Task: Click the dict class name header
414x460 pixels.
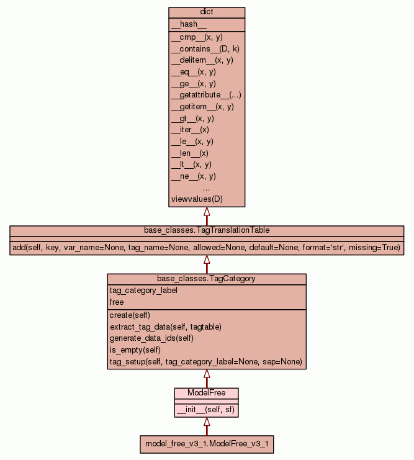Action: tap(207, 12)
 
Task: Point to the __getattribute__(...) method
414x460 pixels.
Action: tap(206, 95)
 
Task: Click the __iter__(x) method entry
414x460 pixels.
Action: tap(190, 130)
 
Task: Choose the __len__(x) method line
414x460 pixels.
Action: tap(189, 153)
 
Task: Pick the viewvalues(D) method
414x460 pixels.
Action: tap(197, 199)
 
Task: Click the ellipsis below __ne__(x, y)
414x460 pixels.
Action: tap(206, 187)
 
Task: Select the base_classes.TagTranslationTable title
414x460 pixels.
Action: tap(207, 230)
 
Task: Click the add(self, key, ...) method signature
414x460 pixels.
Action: tap(207, 248)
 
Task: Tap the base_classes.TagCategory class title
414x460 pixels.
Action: tap(207, 279)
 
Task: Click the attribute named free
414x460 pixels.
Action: tap(117, 302)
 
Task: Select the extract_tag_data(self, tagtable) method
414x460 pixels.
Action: tap(166, 327)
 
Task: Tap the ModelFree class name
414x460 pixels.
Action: tap(207, 393)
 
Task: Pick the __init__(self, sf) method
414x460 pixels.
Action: tap(206, 410)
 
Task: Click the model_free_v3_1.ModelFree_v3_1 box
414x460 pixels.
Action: tap(207, 444)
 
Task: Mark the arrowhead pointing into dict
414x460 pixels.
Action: tap(207, 212)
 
